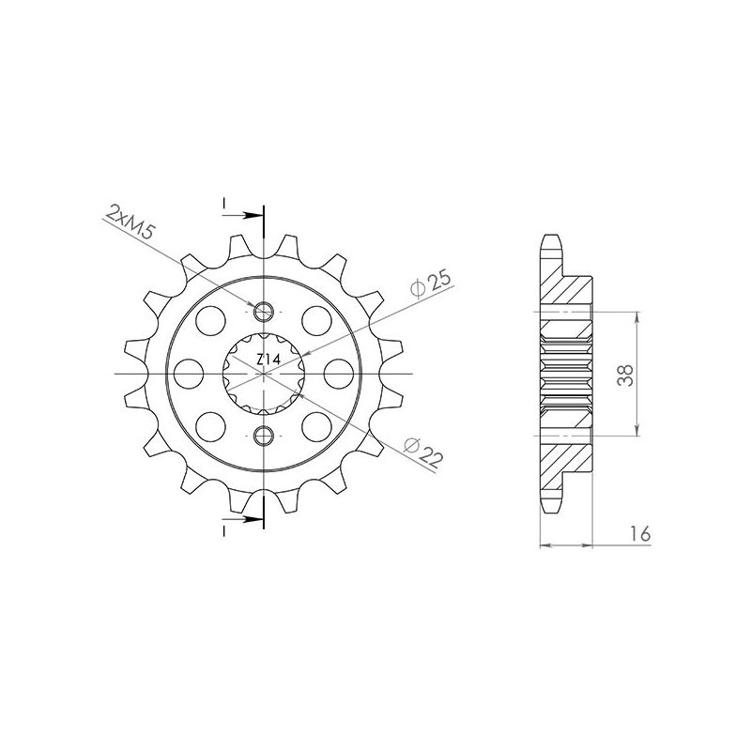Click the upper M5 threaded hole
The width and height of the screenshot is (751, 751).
click(265, 312)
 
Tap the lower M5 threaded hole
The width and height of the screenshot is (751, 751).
click(265, 435)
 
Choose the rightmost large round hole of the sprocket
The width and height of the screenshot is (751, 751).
click(337, 374)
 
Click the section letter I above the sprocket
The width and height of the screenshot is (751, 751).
click(224, 203)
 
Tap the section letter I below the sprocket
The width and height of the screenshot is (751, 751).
click(224, 531)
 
